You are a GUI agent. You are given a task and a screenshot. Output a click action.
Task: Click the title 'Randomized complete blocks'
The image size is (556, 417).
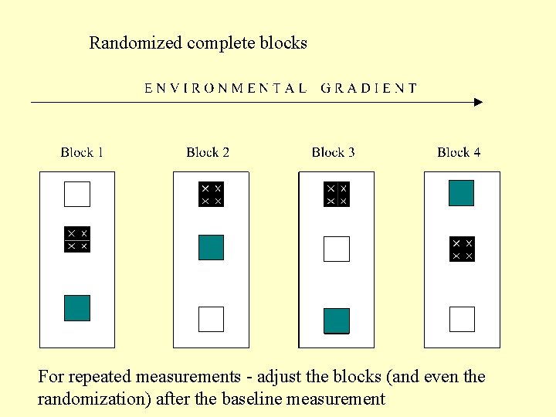198,42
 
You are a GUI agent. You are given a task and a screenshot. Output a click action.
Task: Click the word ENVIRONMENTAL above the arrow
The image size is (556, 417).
225,88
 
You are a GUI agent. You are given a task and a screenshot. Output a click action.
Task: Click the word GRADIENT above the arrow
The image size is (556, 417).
369,88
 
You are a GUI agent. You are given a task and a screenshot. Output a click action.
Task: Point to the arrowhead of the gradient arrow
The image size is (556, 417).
478,102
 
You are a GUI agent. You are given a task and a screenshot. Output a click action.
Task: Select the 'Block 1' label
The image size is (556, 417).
82,152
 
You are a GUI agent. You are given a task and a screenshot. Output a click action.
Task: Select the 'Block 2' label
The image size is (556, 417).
208,152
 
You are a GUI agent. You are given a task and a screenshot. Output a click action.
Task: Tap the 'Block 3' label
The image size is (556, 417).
333,152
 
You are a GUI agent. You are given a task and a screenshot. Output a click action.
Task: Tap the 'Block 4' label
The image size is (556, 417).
459,152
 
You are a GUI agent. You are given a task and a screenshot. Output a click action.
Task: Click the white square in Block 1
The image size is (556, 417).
77,194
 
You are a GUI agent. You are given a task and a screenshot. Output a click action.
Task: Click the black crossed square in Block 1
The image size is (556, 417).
77,239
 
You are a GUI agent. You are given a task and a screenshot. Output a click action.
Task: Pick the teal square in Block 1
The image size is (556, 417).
77,308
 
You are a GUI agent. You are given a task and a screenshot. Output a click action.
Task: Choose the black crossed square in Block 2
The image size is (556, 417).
211,194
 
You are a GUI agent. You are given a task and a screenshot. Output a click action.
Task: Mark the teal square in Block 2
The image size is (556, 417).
211,247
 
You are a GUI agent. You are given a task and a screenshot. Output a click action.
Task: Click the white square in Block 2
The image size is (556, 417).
211,319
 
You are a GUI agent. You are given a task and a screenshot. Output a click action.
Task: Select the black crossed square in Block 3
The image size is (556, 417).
336,194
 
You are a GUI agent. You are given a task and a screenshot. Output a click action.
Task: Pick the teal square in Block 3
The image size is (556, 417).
336,320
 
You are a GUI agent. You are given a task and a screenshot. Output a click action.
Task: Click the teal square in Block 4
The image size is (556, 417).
461,193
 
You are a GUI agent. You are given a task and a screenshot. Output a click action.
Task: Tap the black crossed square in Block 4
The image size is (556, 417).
461,249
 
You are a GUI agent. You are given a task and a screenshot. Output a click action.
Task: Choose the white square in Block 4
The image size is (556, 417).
462,319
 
